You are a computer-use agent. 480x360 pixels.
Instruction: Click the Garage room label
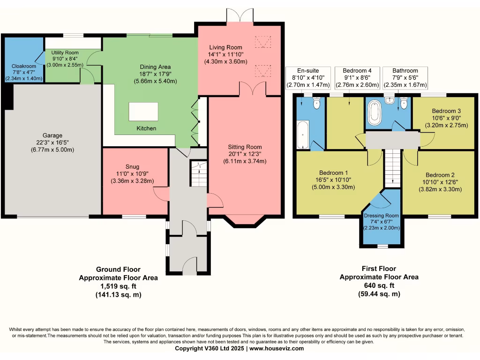tap(52, 135)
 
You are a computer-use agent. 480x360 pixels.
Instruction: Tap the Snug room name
tap(132, 166)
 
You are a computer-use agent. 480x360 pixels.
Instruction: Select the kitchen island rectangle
tap(143, 112)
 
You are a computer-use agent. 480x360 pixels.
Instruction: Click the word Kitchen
tap(146, 128)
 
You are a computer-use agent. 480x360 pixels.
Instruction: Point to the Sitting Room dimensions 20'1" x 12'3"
tap(245, 154)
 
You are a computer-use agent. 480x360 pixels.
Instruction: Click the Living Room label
tap(225, 47)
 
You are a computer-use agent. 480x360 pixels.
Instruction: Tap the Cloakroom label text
tap(24, 66)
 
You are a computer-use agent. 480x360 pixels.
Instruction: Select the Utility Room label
tap(65, 52)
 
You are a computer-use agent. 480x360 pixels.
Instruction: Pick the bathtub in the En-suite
tap(303, 135)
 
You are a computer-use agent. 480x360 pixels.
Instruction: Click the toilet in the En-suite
tap(316, 103)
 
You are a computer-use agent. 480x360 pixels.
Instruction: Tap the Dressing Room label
tap(381, 216)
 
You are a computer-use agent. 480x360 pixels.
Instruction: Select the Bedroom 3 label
tap(446, 111)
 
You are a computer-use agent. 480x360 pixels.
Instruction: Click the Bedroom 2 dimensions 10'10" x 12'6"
tap(440, 182)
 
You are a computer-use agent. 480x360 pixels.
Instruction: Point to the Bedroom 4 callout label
tap(357, 71)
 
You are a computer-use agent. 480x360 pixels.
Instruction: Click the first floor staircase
tap(392, 168)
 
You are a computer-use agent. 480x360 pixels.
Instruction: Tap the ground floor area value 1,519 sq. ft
tap(118, 286)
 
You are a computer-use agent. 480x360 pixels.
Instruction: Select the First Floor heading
tap(379, 269)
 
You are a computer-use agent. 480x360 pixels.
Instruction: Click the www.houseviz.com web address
tap(277, 348)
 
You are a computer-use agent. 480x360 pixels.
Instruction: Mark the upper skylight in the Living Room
tap(263, 42)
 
